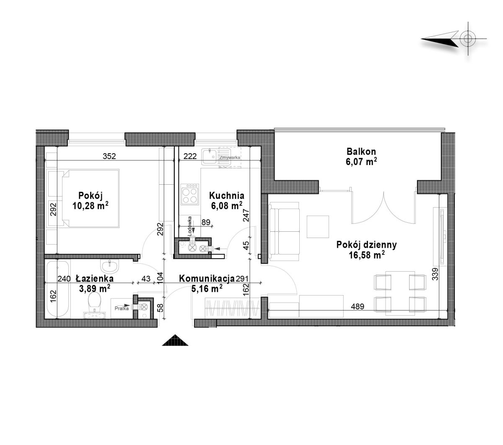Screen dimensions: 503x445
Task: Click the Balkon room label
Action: coord(361,152)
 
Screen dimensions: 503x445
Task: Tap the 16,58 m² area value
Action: coord(367,255)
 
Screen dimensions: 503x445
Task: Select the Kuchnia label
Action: coord(226,196)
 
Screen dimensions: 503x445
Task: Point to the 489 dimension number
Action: coord(358,306)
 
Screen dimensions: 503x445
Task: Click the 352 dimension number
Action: coord(109,156)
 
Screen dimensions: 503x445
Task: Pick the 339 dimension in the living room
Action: coord(435,274)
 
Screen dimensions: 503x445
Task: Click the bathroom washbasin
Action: coord(110,266)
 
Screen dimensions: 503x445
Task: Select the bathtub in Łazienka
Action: coord(57,288)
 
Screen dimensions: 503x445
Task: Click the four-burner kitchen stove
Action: coord(190,194)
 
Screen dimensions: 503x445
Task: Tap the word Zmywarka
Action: coord(230,157)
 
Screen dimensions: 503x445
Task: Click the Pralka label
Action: coord(122,309)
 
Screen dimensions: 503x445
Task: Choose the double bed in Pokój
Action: coord(91,199)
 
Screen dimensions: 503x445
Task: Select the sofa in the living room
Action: coord(285,231)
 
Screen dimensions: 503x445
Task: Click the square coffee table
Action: coord(318,227)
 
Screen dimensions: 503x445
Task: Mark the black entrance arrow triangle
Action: coord(175,340)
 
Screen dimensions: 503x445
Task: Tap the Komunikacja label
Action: coord(207,279)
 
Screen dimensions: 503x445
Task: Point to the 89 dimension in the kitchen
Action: coord(206,222)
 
